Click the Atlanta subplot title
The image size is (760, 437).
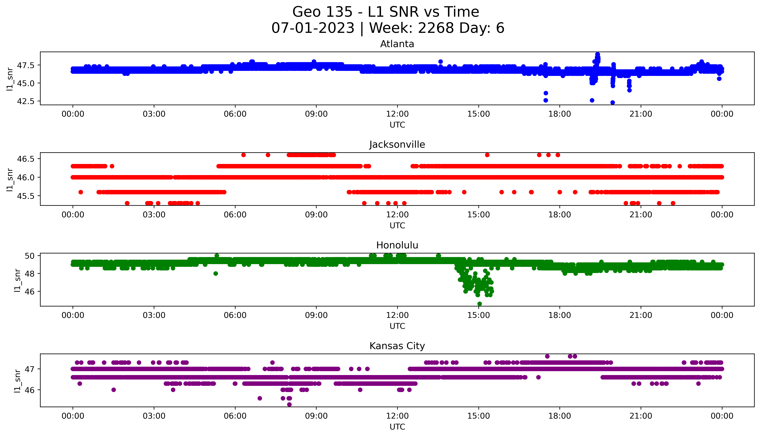(397, 44)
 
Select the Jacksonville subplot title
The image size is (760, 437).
(397, 145)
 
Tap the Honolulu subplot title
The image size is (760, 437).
(397, 245)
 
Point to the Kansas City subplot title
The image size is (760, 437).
(397, 346)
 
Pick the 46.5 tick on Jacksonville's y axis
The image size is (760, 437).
(26, 159)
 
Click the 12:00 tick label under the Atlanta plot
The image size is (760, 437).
(397, 114)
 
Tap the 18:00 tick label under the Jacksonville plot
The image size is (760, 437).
(559, 215)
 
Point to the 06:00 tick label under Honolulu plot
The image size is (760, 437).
(235, 315)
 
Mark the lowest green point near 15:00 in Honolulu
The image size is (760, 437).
(479, 304)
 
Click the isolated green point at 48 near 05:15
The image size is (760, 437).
(216, 273)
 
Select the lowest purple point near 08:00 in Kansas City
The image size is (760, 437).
(289, 404)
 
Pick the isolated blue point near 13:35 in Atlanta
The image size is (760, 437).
(440, 62)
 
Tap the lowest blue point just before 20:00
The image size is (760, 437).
(612, 102)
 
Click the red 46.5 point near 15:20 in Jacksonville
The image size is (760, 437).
(487, 155)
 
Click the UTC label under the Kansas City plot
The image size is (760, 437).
(397, 426)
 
